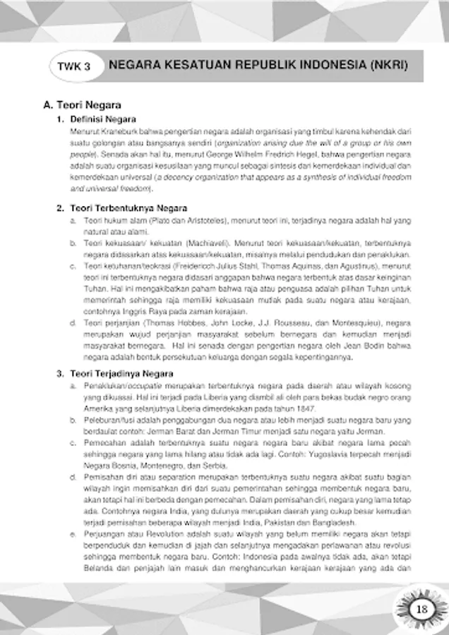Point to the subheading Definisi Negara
click(103, 119)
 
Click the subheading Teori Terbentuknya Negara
click(128, 208)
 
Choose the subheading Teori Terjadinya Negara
click(123, 373)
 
